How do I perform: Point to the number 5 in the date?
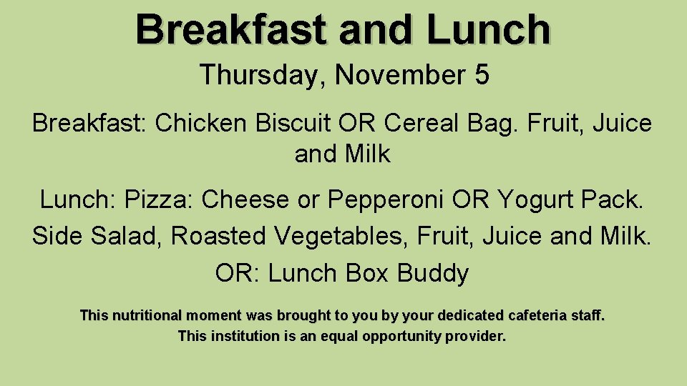(x=482, y=75)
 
